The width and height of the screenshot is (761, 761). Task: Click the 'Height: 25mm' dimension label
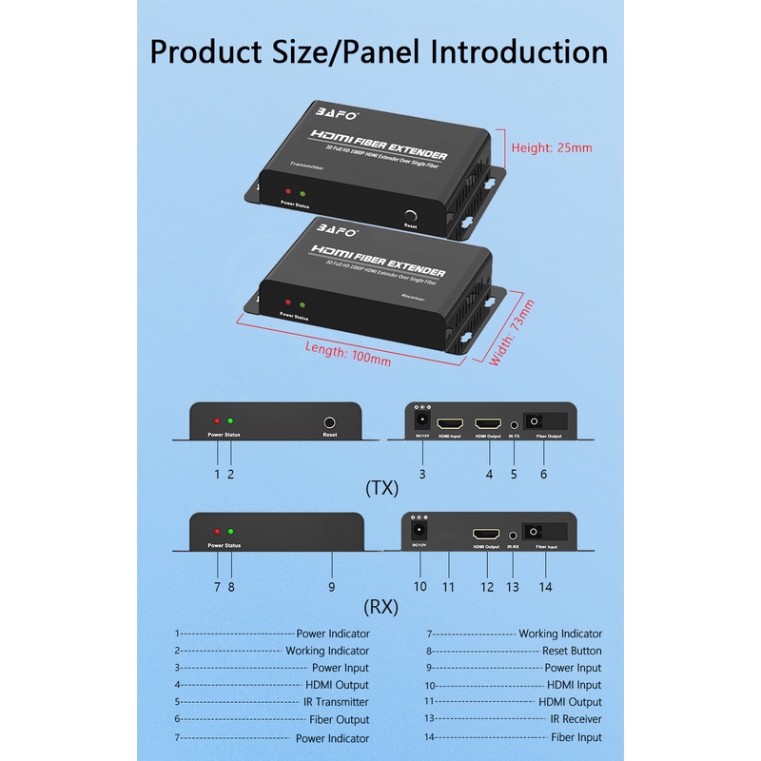(552, 147)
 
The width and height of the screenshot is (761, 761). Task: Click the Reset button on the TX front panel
(330, 421)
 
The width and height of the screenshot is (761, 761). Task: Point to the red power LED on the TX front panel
(217, 421)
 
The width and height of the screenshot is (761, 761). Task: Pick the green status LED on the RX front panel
(230, 532)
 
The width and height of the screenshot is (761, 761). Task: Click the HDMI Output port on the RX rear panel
(487, 535)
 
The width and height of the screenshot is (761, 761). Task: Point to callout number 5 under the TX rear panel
(514, 473)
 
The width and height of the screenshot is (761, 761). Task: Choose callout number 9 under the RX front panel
(331, 587)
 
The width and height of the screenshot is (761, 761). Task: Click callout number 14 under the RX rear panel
(546, 587)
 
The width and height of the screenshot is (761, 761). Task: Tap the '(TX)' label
(381, 489)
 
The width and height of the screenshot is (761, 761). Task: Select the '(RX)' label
(381, 605)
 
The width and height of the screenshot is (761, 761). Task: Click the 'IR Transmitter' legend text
(336, 702)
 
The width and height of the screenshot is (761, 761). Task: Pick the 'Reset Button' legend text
(572, 651)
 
